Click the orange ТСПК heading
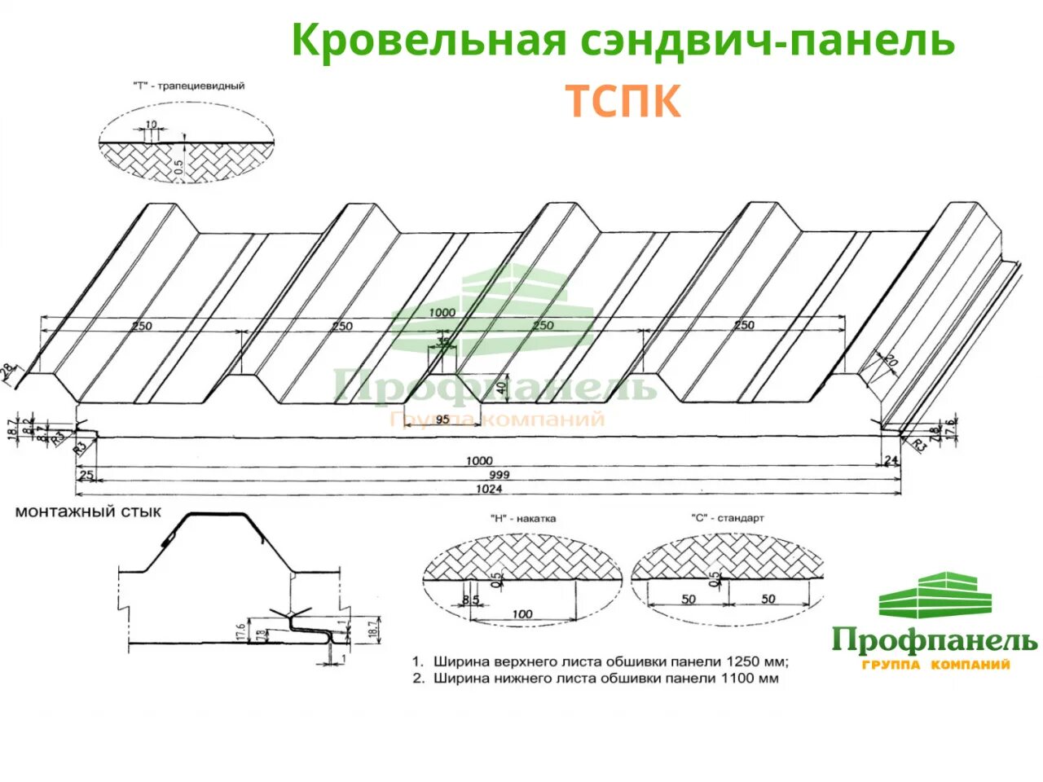(x=623, y=102)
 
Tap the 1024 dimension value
(x=490, y=489)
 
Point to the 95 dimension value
(x=442, y=420)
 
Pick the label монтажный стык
(x=88, y=512)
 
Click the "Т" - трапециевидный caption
(x=187, y=86)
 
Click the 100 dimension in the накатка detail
(x=522, y=614)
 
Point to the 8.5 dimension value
(x=469, y=600)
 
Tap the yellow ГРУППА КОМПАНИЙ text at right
(x=935, y=666)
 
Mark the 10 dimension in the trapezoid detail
(x=152, y=125)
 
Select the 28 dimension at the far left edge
(x=9, y=371)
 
